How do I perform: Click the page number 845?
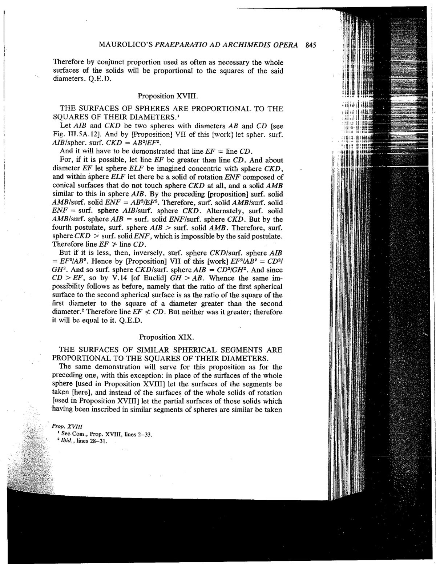(311, 45)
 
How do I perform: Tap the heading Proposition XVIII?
(167, 96)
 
